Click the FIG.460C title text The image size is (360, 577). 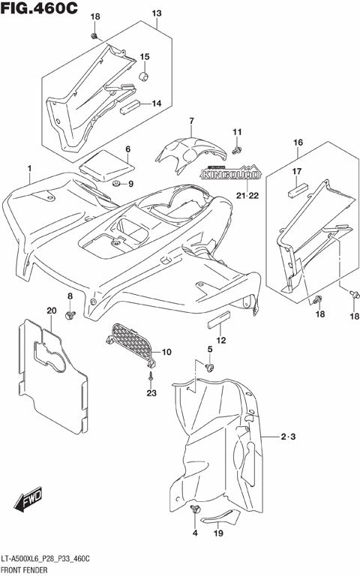tap(39, 8)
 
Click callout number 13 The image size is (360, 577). tap(157, 14)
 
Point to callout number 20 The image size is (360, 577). tap(51, 311)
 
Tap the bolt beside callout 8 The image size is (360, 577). tap(71, 314)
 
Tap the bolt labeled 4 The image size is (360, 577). tap(197, 510)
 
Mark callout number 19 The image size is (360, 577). tap(218, 534)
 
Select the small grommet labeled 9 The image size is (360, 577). tap(116, 183)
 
